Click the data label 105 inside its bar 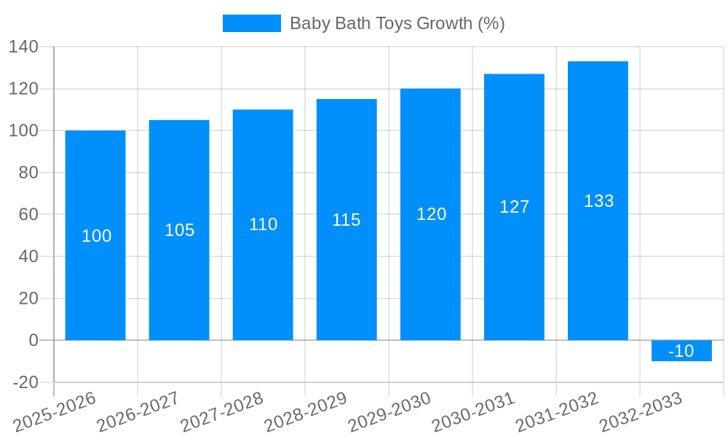(x=180, y=230)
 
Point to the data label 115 (x=347, y=220)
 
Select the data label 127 (x=514, y=207)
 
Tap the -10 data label (x=681, y=351)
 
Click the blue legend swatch (x=251, y=23)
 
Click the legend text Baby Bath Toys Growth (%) (x=397, y=23)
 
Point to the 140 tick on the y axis (x=24, y=47)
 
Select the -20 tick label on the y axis (x=25, y=382)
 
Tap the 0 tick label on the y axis (x=33, y=340)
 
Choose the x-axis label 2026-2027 (x=138, y=412)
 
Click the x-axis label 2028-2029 (x=306, y=412)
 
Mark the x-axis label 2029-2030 (x=389, y=412)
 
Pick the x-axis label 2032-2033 (x=641, y=412)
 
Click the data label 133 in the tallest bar (x=598, y=201)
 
